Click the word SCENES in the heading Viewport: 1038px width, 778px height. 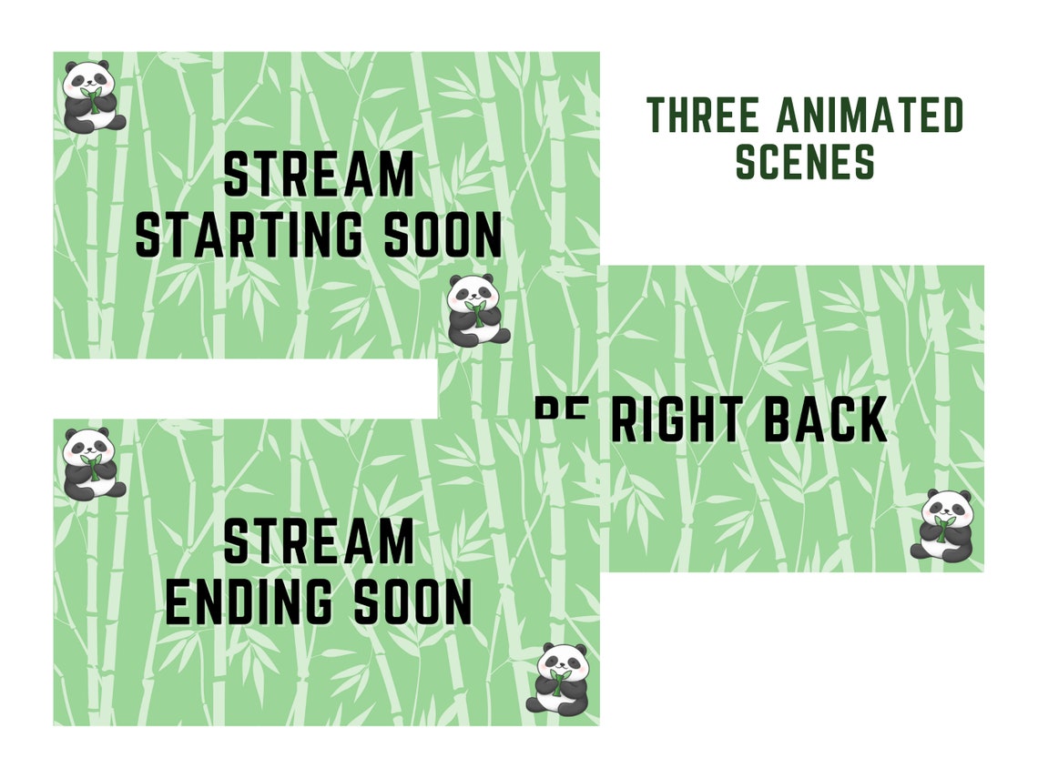[805, 162]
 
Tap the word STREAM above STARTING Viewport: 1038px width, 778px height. [319, 176]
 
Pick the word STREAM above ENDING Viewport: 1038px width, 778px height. [319, 542]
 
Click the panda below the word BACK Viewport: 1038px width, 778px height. [942, 524]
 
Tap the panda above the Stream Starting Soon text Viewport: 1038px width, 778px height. [93, 96]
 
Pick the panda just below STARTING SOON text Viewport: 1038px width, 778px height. [478, 310]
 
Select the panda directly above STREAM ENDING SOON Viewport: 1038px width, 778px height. [93, 462]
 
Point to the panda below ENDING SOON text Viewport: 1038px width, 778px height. [557, 678]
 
